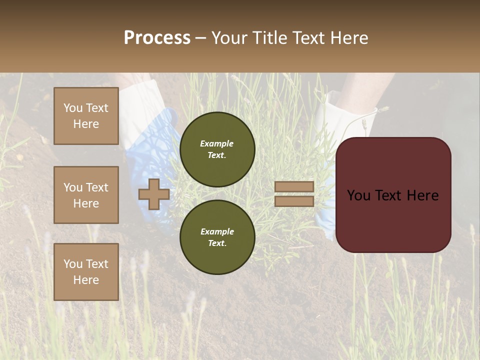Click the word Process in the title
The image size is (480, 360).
click(157, 38)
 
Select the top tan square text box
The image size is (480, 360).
click(86, 116)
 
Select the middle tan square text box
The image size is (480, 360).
click(86, 195)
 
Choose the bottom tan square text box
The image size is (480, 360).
click(86, 272)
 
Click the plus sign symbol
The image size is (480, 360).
click(154, 194)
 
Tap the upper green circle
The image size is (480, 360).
click(217, 149)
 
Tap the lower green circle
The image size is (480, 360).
click(217, 237)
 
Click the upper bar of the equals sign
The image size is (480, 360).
click(294, 186)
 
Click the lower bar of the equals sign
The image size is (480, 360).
click(294, 201)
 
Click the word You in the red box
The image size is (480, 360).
click(358, 195)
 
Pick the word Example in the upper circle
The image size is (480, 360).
click(217, 143)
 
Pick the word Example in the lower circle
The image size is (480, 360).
click(217, 231)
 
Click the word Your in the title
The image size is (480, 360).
click(230, 38)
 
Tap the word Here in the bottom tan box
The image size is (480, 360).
click(86, 280)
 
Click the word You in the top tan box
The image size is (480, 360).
click(73, 108)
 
